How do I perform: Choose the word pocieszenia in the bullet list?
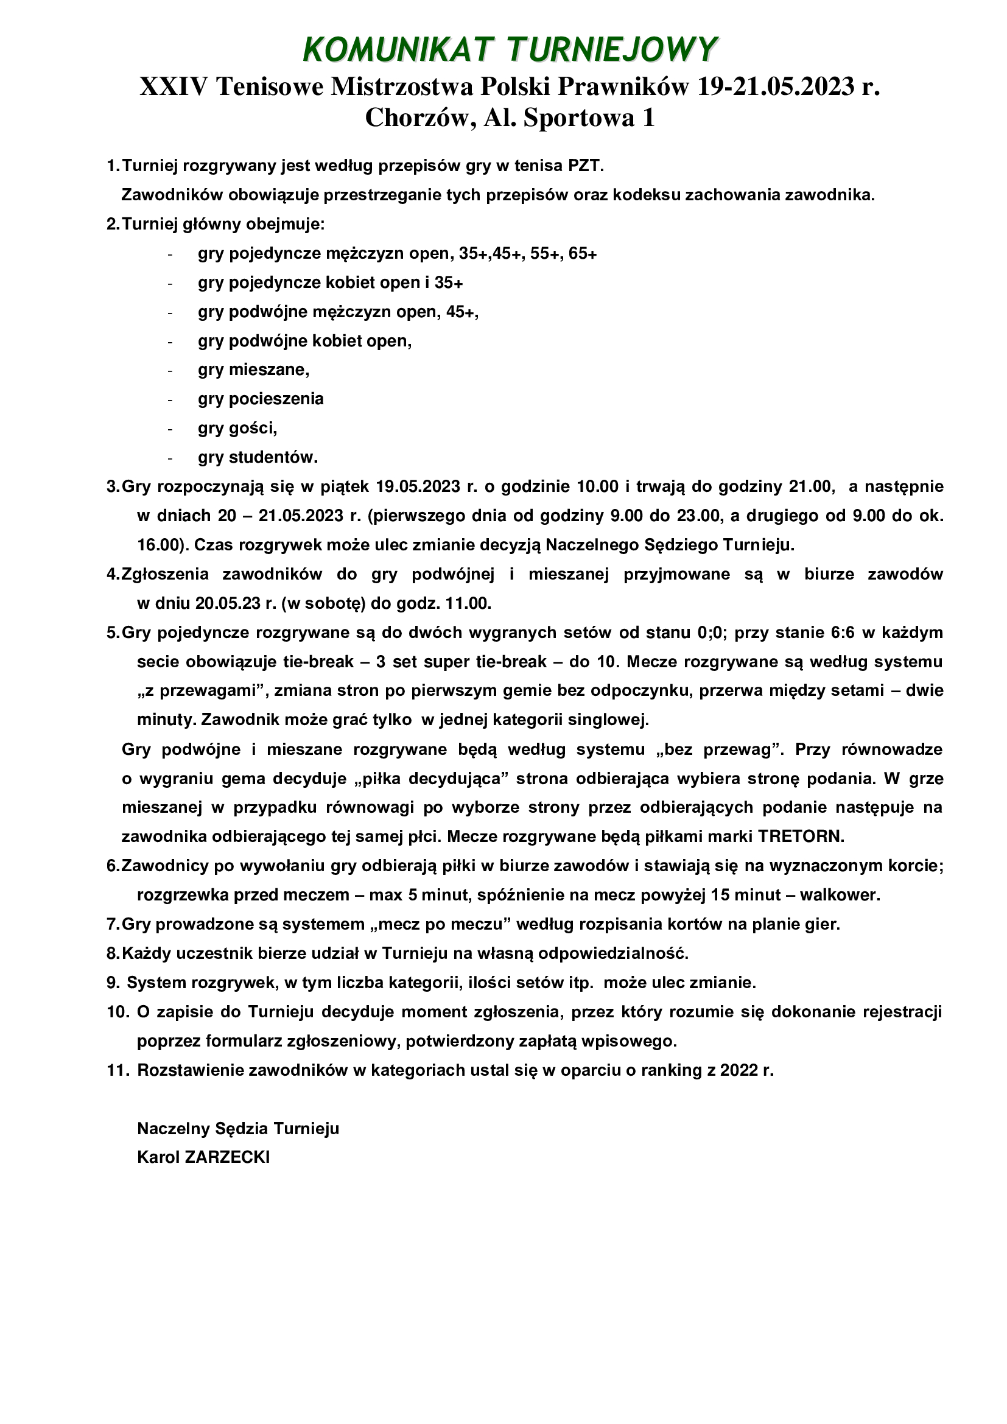point(276,399)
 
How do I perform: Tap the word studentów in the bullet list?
point(273,458)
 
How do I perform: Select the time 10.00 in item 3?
point(598,487)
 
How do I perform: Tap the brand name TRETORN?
point(801,837)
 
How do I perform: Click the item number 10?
point(117,1012)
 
